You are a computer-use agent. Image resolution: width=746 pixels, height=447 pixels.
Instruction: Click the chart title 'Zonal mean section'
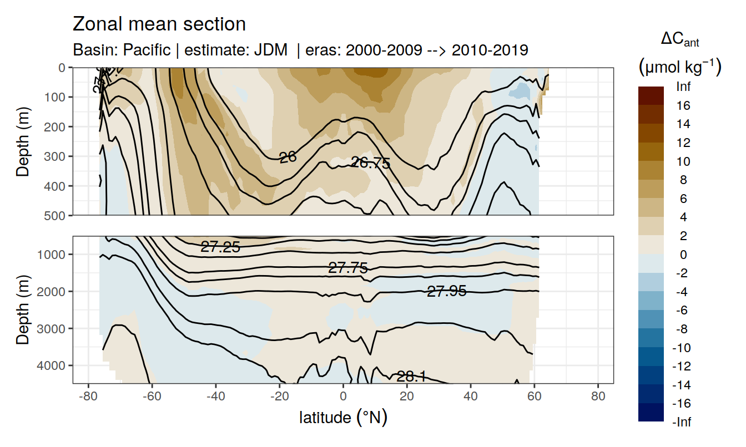coord(159,24)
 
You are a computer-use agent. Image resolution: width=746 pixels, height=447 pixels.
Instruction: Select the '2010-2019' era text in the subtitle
coord(490,50)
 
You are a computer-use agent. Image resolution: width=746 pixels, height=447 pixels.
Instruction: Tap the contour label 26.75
coord(370,163)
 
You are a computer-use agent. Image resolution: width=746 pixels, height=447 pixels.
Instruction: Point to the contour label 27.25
coord(220,247)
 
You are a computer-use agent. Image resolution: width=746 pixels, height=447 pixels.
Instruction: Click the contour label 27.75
coord(348,268)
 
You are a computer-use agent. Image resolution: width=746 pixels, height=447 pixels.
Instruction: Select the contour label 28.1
coord(411,377)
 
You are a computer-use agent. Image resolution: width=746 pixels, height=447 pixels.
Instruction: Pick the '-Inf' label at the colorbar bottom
coord(682,422)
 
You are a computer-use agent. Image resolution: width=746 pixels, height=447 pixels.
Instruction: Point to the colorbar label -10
coord(681,348)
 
